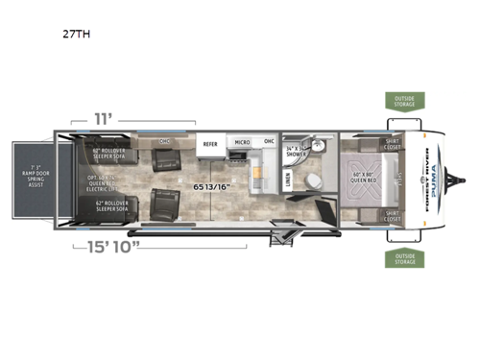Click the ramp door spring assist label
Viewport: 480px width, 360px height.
point(29,179)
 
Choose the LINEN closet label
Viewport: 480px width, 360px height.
point(290,179)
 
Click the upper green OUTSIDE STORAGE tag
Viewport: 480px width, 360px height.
point(401,101)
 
